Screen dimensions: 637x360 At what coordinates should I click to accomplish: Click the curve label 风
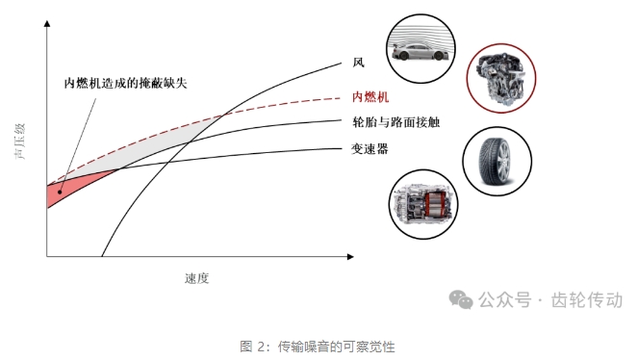tap(358, 63)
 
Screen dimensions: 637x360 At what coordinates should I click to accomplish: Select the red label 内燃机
tap(370, 97)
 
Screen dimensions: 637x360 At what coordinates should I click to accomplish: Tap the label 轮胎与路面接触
tap(396, 122)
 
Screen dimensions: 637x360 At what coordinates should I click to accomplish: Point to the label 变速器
tap(369, 148)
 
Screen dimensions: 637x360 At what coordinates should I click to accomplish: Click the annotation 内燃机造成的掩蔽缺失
tap(125, 83)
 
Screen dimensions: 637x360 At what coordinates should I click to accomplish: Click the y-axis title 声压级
tap(20, 141)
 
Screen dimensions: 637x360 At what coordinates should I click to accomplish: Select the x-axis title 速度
tap(196, 278)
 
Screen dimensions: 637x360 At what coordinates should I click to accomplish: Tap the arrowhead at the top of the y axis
tap(47, 23)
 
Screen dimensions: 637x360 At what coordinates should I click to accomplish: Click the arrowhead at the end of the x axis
tap(350, 256)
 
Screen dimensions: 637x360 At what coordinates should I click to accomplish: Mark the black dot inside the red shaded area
tap(60, 192)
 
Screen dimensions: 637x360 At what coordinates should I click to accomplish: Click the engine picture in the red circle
tap(501, 78)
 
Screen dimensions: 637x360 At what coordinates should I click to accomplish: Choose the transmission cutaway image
tap(423, 204)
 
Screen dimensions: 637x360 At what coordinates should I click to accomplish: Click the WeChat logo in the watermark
tap(461, 299)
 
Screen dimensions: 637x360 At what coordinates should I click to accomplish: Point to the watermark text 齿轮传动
tap(587, 300)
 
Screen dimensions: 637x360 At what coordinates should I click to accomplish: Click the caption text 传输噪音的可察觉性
tap(337, 347)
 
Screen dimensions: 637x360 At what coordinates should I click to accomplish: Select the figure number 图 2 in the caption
tap(252, 347)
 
